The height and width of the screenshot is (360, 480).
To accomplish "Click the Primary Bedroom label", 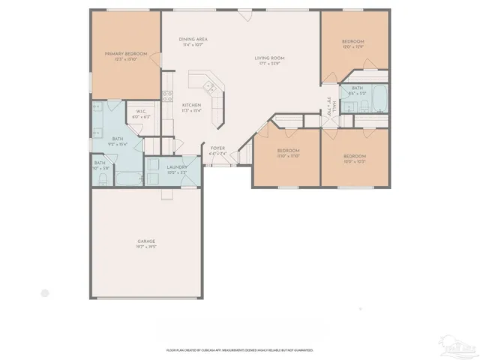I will pyautogui.click(x=125, y=54).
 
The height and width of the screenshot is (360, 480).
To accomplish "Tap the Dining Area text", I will pyautogui.click(x=193, y=39).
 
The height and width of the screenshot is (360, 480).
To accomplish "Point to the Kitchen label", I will pyautogui.click(x=192, y=105).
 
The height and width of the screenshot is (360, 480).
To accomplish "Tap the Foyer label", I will pyautogui.click(x=217, y=148).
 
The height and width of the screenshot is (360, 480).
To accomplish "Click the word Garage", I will pyautogui.click(x=145, y=241).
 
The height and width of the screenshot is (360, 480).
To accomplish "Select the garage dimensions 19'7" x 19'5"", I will pyautogui.click(x=145, y=247).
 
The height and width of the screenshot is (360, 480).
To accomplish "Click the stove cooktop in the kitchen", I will pyautogui.click(x=167, y=107).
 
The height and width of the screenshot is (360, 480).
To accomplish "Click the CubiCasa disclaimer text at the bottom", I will pyautogui.click(x=238, y=349).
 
